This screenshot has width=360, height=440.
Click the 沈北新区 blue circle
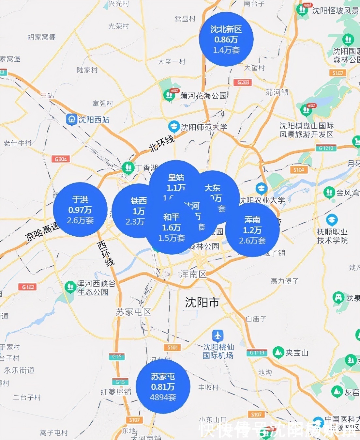click(x=226, y=39)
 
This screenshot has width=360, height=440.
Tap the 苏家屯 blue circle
click(x=163, y=386)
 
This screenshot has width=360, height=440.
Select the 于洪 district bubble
click(x=80, y=210)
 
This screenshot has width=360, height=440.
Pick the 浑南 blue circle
click(x=252, y=230)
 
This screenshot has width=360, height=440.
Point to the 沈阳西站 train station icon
click(x=71, y=119)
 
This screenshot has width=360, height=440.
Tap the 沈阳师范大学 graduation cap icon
click(x=174, y=126)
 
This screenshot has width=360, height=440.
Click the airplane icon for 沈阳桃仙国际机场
click(x=217, y=335)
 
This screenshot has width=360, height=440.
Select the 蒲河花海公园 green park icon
click(x=169, y=95)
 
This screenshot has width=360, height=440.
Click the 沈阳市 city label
click(x=202, y=302)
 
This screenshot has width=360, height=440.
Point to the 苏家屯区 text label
click(x=134, y=312)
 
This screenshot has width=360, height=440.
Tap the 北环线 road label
click(x=162, y=143)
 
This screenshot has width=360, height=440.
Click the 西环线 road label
click(x=106, y=253)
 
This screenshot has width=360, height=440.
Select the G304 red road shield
click(x=61, y=159)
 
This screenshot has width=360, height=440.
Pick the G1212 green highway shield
click(x=326, y=148)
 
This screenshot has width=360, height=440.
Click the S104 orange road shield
click(x=298, y=170)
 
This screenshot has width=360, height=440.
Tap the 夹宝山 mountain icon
click(x=278, y=352)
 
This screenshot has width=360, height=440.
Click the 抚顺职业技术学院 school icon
click(x=332, y=220)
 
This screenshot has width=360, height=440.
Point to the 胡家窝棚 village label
click(x=41, y=37)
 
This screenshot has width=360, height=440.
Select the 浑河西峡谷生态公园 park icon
click(x=70, y=287)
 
